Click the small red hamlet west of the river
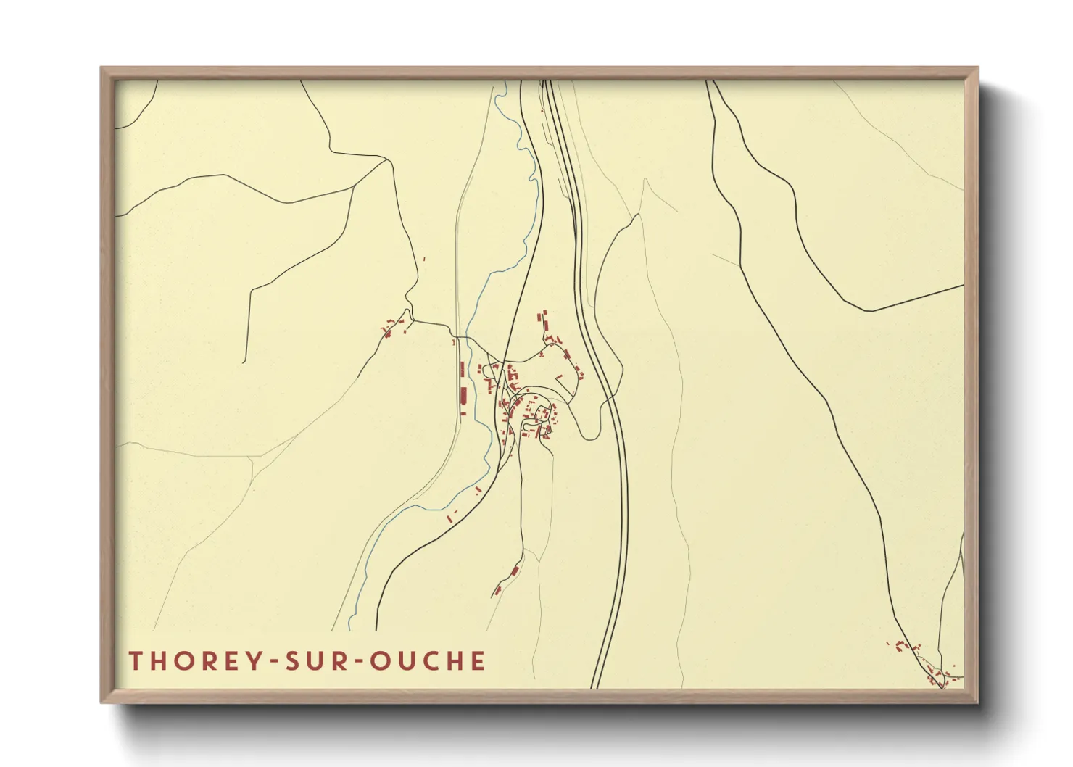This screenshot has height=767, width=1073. pyautogui.click(x=394, y=326)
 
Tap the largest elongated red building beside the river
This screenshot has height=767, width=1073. pyautogui.click(x=463, y=395)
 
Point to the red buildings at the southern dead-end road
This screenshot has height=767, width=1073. pyautogui.click(x=506, y=580)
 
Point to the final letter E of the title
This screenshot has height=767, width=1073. pyautogui.click(x=478, y=661)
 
